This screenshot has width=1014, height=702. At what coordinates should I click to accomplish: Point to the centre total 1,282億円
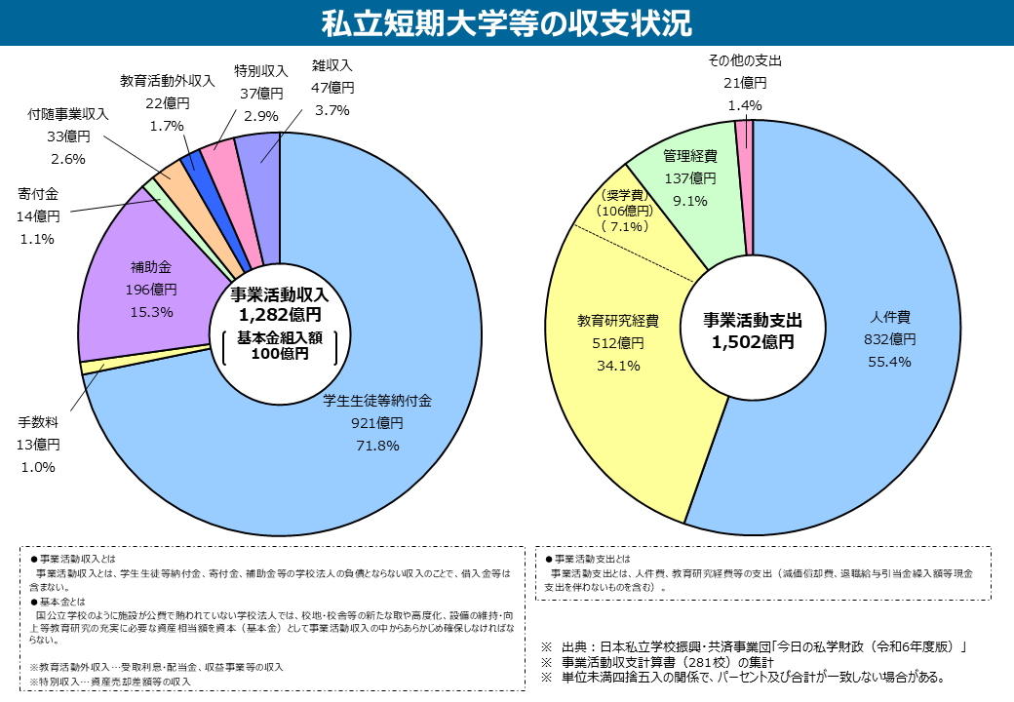coord(280,315)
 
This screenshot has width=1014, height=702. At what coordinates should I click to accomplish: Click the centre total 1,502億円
coord(753,342)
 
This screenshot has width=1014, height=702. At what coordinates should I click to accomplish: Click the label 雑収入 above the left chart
coord(331,65)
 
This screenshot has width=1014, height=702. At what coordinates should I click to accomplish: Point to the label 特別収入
coord(260,71)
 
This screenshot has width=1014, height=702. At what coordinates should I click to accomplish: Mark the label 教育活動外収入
coord(167,81)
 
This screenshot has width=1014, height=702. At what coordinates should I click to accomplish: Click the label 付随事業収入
coord(68,114)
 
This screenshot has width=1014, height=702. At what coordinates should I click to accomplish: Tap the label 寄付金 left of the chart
coord(37,193)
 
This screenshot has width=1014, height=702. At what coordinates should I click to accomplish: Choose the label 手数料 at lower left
coord(37,422)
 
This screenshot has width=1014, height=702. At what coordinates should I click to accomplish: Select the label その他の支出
coord(745,60)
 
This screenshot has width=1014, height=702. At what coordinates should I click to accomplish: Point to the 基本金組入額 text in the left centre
coord(279,336)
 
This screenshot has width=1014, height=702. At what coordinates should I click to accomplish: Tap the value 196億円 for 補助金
coord(150,289)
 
